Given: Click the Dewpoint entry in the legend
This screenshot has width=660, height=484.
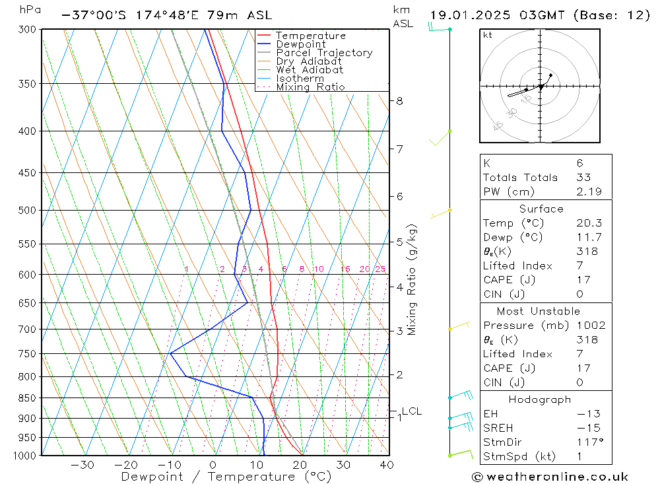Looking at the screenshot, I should coord(300,44).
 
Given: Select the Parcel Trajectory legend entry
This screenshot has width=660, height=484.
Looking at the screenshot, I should coord(323,53).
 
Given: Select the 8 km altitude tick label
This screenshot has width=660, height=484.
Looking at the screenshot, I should coord(399,101).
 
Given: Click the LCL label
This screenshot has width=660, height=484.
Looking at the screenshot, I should coord(411,411).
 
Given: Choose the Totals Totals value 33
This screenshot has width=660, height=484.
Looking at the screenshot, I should coord(583,177).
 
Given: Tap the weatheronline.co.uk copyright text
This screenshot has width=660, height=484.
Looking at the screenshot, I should coord(550,477).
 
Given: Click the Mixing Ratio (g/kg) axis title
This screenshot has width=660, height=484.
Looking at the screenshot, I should coord(412,279).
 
